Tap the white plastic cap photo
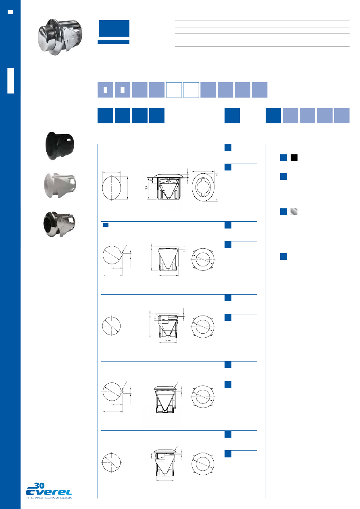[x=60, y=186]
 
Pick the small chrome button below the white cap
[x=59, y=225]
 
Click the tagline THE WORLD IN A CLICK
[x=49, y=498]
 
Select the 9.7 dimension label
[x=148, y=188]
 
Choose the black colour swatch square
[x=294, y=158]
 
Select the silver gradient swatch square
[x=294, y=212]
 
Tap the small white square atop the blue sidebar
[x=10, y=12]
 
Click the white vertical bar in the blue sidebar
[x=10, y=81]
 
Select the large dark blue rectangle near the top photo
[x=114, y=29]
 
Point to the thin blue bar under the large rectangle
[x=114, y=42]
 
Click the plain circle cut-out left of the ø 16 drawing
[x=112, y=325]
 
